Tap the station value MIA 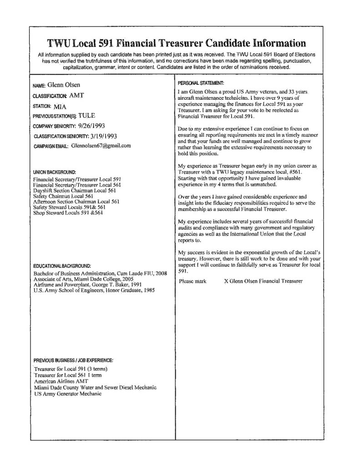coord(60,106)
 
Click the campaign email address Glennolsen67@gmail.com coord(101,146)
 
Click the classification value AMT coord(76,96)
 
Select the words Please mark coord(193,281)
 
